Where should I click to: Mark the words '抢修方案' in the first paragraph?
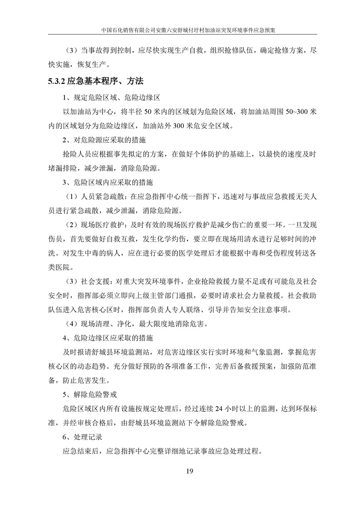[x=284, y=50]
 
